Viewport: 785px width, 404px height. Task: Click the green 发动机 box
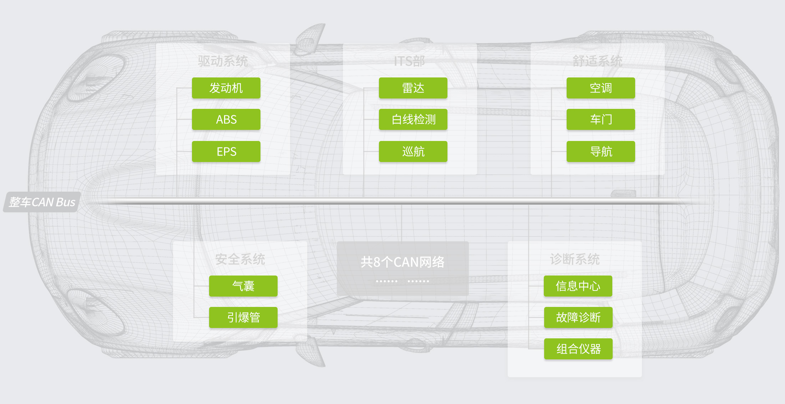click(226, 88)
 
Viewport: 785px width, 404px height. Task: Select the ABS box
click(226, 119)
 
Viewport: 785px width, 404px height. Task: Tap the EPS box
click(226, 151)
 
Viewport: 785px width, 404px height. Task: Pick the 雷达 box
click(413, 88)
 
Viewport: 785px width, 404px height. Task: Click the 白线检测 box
click(413, 119)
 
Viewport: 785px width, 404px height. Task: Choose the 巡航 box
click(413, 151)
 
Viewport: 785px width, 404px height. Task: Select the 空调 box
click(601, 88)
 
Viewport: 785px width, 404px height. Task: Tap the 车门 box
click(601, 119)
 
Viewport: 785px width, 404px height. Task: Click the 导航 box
click(601, 151)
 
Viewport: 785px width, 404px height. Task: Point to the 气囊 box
click(243, 286)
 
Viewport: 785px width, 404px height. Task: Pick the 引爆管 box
click(243, 317)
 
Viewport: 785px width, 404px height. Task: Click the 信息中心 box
click(578, 286)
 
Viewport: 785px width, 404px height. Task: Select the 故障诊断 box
click(578, 317)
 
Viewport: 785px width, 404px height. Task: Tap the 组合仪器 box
click(578, 349)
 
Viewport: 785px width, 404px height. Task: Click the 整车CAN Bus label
click(42, 202)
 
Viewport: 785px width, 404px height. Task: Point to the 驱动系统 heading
click(223, 61)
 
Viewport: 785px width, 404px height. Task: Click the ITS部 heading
click(409, 61)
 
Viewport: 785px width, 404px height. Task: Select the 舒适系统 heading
click(597, 61)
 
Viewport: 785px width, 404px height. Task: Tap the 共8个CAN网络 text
click(402, 262)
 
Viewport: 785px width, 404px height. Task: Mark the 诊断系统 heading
click(574, 259)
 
